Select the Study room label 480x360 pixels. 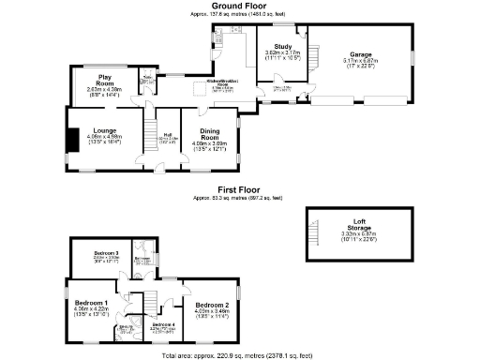(283, 46)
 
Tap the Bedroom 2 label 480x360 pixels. (212, 306)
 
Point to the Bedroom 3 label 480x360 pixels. (106, 253)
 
